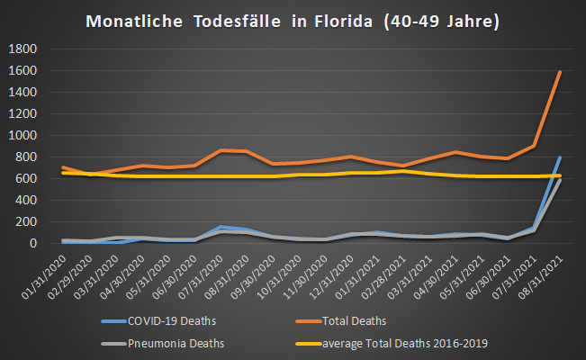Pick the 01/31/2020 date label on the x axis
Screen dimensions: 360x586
coord(45,274)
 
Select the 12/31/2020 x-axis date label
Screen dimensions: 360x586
coord(332,274)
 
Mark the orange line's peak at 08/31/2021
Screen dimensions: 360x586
coord(560,72)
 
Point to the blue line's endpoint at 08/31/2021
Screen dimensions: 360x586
coord(560,157)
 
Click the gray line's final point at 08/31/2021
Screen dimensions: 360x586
coord(560,180)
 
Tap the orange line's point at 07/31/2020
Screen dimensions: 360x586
coord(220,150)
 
